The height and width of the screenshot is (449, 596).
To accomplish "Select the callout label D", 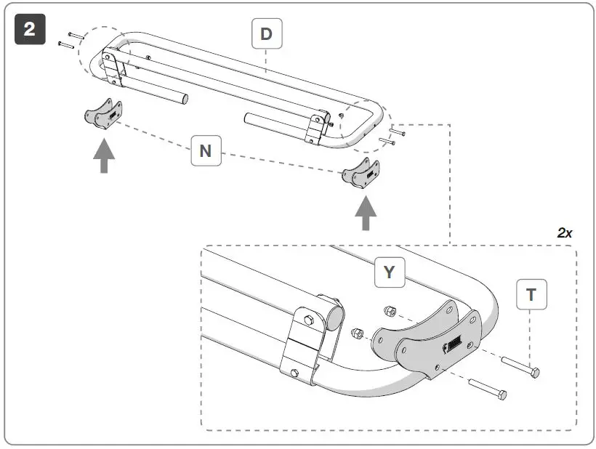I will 267,33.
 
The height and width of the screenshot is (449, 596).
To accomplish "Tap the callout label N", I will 206,150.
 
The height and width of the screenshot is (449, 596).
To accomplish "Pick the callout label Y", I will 389,272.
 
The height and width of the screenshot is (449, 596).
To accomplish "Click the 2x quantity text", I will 564,233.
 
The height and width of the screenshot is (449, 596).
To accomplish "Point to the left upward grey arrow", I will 104,155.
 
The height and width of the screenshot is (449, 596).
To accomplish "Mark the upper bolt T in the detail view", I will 520,365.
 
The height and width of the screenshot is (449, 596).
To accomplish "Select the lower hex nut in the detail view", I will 358,334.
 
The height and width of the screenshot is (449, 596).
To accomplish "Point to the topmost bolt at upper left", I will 76,35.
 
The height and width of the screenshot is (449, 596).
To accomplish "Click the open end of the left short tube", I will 186,97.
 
